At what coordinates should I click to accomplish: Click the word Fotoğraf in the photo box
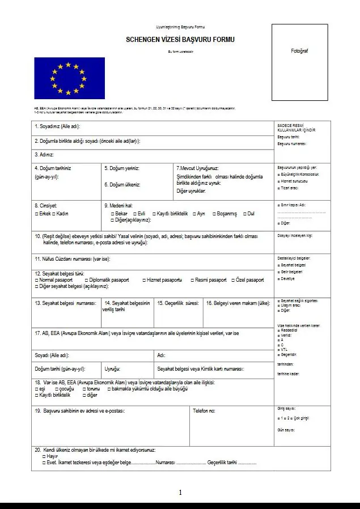click(x=299, y=51)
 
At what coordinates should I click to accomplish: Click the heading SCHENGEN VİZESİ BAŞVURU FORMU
click(x=180, y=40)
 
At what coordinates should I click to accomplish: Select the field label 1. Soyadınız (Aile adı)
click(x=58, y=126)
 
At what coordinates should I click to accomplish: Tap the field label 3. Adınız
click(x=44, y=154)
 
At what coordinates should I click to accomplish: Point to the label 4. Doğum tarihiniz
click(x=53, y=168)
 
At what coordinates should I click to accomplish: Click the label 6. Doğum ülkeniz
click(x=122, y=185)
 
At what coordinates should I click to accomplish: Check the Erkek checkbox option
click(x=36, y=214)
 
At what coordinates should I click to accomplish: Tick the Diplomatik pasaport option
click(x=86, y=280)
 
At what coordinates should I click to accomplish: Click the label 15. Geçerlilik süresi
click(x=178, y=303)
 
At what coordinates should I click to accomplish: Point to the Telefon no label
click(x=204, y=410)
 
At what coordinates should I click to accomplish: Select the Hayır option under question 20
click(x=44, y=456)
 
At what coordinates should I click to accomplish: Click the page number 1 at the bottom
click(x=180, y=493)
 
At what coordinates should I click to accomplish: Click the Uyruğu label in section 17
click(x=112, y=369)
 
